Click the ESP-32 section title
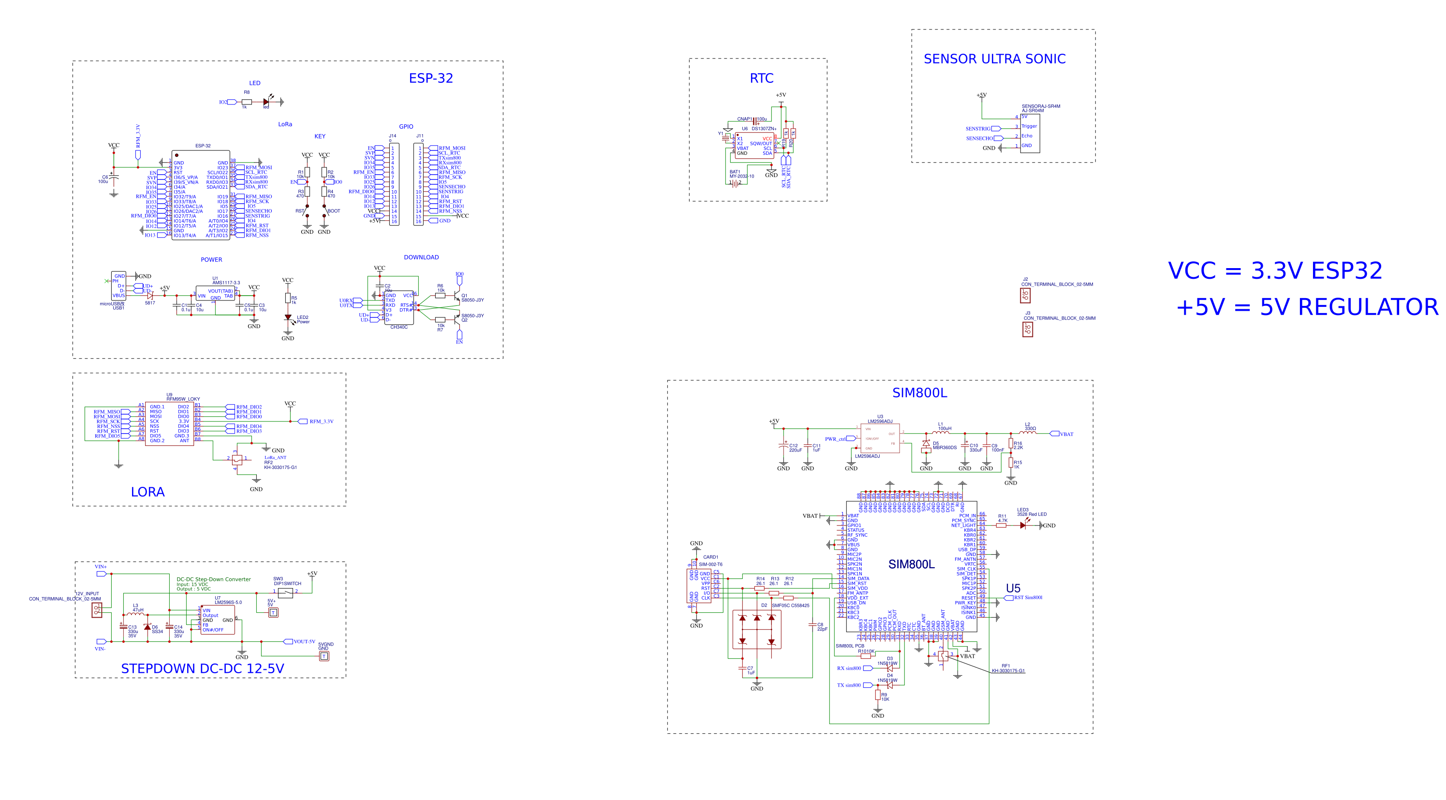point(430,78)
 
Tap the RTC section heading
point(761,78)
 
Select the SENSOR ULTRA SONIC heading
point(994,59)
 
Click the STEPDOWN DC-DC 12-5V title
point(202,668)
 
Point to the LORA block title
point(148,492)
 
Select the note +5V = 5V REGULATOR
point(1307,307)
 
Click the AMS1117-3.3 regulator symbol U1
point(215,294)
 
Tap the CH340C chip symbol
point(398,307)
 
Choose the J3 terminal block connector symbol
point(1027,329)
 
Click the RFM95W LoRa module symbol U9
point(170,423)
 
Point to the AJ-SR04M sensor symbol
point(1030,134)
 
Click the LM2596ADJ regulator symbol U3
point(880,438)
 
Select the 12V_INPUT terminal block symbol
point(97,609)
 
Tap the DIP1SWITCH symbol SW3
point(285,593)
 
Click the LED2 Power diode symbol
point(288,318)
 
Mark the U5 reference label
point(1013,588)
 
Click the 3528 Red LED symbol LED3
point(1023,525)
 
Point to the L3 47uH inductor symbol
point(135,615)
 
